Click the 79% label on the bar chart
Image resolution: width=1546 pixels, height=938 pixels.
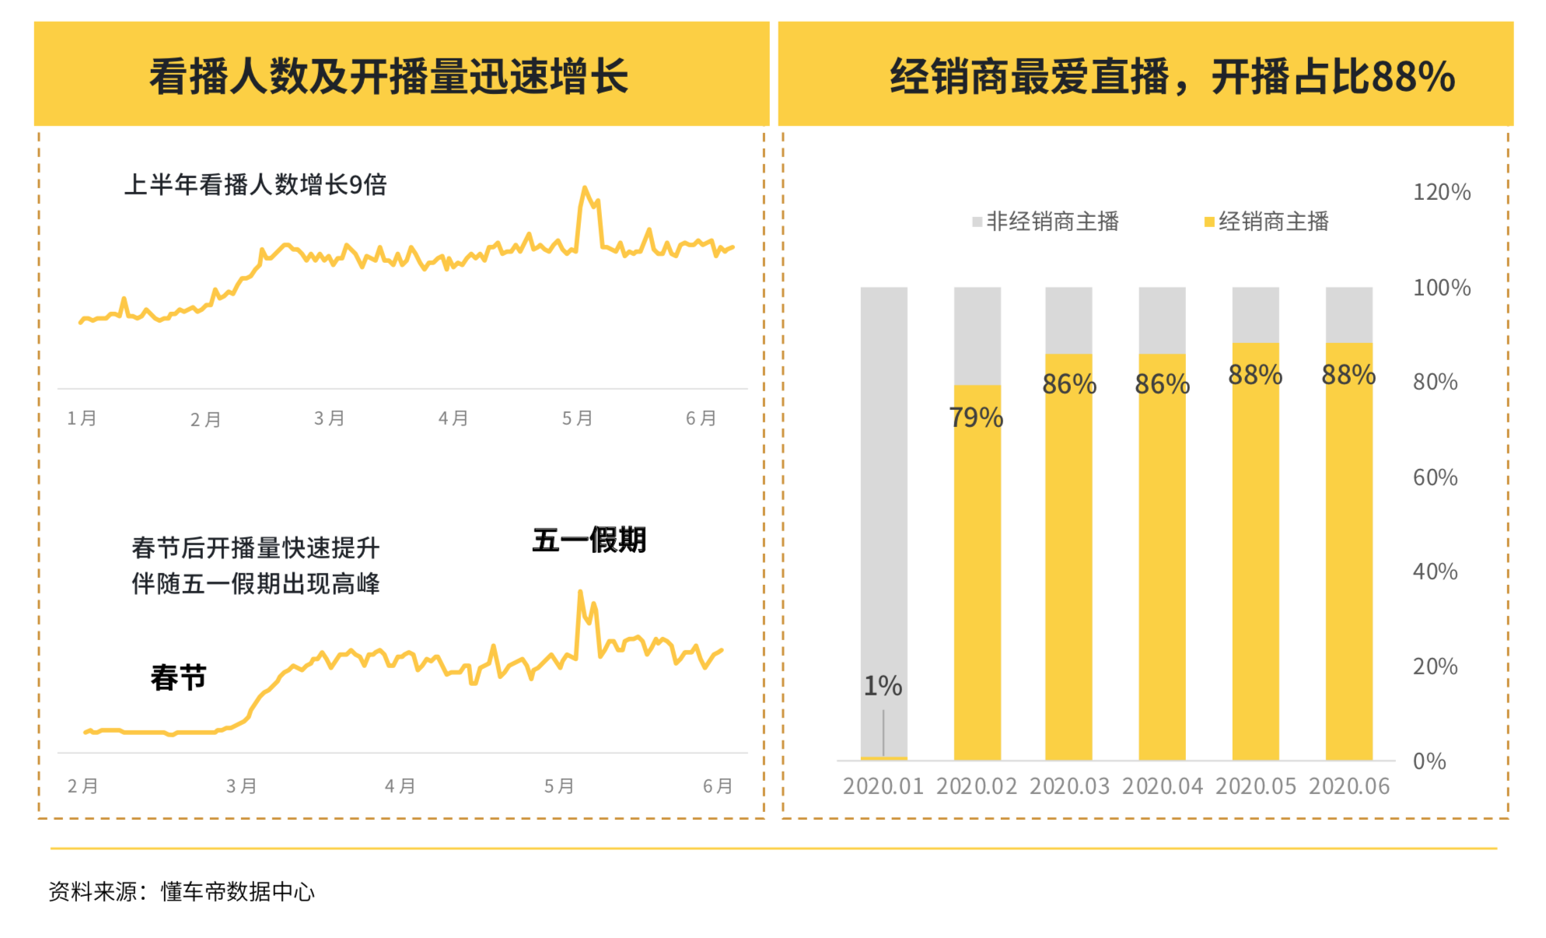click(976, 418)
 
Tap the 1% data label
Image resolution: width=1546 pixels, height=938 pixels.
click(883, 686)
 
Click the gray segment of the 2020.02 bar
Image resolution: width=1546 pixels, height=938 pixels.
click(977, 335)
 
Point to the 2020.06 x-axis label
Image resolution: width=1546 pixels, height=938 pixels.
click(1348, 786)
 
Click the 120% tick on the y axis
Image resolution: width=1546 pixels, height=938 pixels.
click(1441, 192)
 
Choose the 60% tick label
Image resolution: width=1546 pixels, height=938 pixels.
click(1435, 478)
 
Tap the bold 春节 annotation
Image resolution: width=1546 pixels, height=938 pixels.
click(178, 677)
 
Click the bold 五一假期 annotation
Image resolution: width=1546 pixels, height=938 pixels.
click(589, 540)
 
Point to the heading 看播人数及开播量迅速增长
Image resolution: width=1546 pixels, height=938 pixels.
click(389, 76)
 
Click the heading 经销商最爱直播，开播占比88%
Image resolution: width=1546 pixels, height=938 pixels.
click(1172, 76)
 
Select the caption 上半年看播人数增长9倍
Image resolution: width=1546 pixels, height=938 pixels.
click(255, 185)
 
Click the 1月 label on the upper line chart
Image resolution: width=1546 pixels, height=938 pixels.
click(82, 418)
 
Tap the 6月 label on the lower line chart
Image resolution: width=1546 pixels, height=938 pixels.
click(717, 786)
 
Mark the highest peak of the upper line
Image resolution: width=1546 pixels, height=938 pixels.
click(585, 188)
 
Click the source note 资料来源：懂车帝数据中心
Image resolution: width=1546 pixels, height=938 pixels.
click(182, 891)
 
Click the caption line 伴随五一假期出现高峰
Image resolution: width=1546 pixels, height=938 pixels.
click(255, 584)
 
